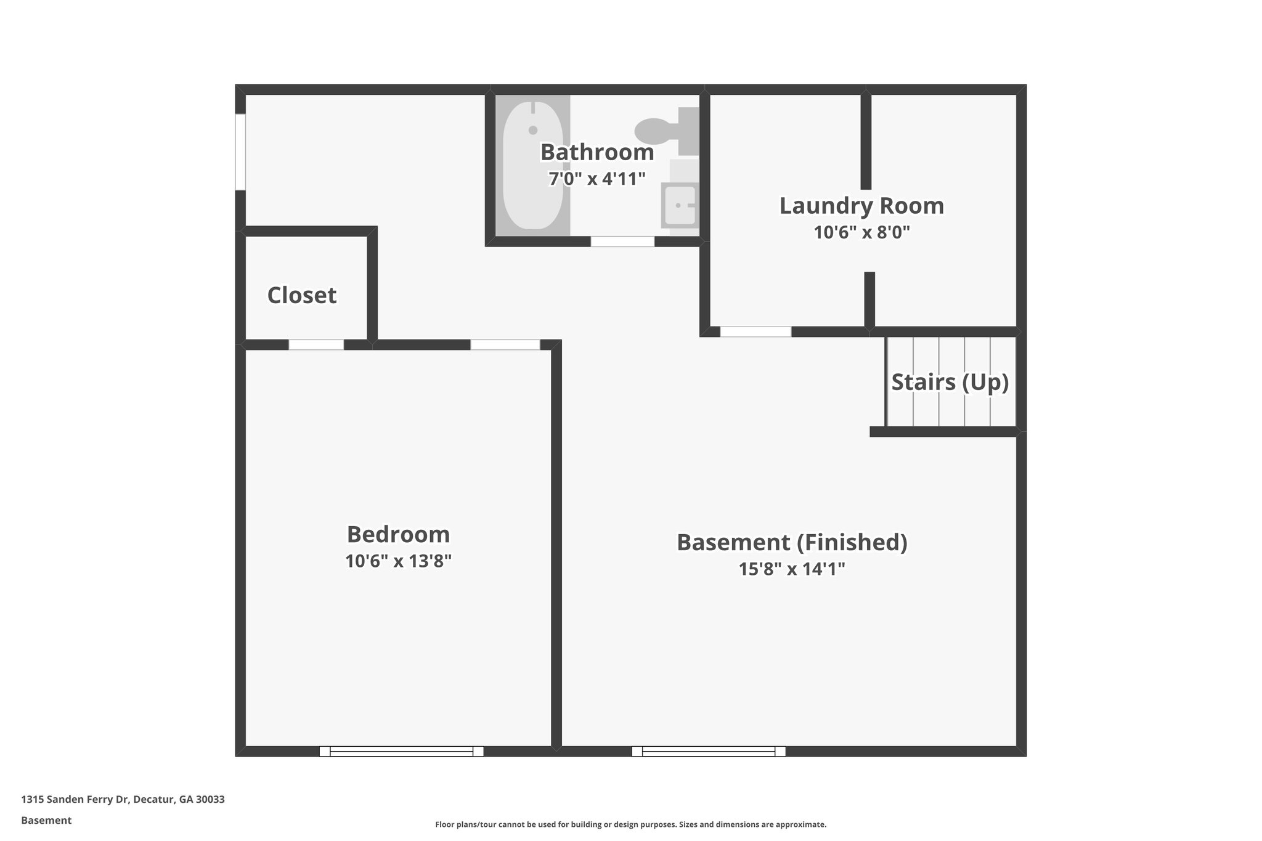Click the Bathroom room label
pyautogui.click(x=597, y=152)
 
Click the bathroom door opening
pyautogui.click(x=622, y=242)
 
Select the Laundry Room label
pyautogui.click(x=861, y=206)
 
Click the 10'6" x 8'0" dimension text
pyautogui.click(x=861, y=233)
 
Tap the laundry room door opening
pyautogui.click(x=755, y=332)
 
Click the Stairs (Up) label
pyautogui.click(x=950, y=382)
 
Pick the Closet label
pyautogui.click(x=302, y=296)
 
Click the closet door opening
pyautogui.click(x=316, y=345)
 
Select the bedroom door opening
pyautogui.click(x=505, y=345)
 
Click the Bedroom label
pyautogui.click(x=398, y=534)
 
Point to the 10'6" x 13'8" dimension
pyautogui.click(x=398, y=561)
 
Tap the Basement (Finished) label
pyautogui.click(x=792, y=542)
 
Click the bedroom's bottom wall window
pyautogui.click(x=401, y=751)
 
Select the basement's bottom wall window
pyautogui.click(x=709, y=751)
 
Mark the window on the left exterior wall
pyautogui.click(x=240, y=152)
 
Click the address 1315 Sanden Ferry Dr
pyautogui.click(x=123, y=800)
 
